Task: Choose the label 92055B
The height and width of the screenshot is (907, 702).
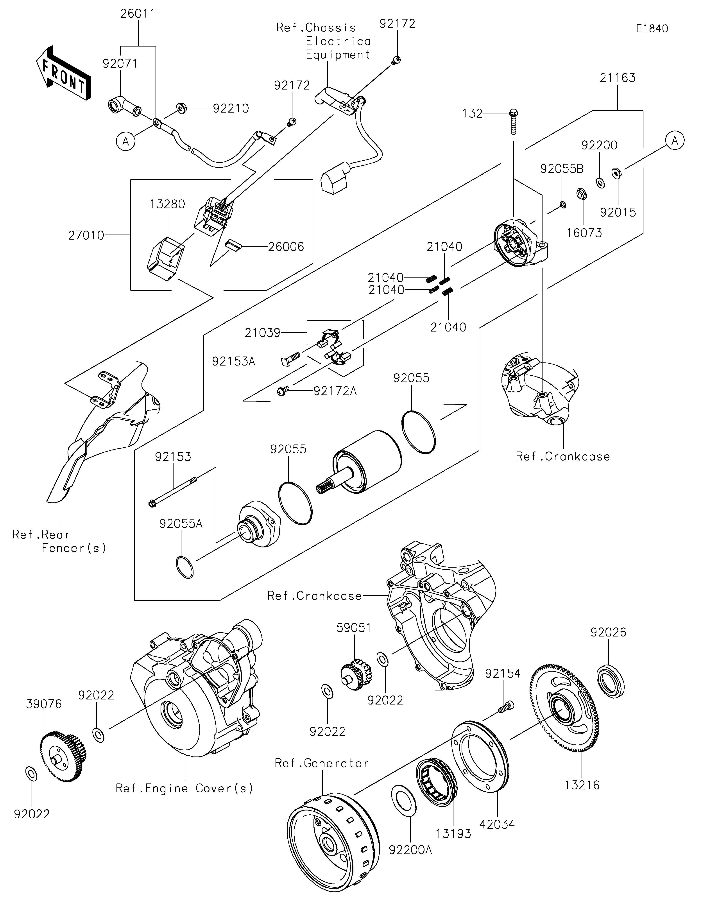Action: click(562, 168)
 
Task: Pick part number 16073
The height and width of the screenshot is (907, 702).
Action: click(584, 233)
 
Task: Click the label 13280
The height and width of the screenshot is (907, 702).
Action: click(167, 204)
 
